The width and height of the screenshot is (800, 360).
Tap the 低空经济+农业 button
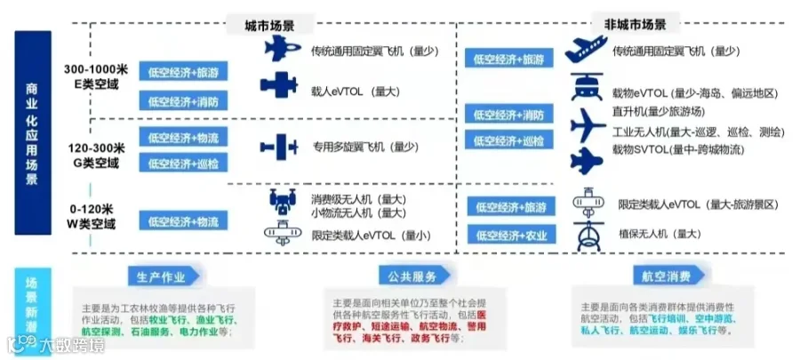[x=511, y=236]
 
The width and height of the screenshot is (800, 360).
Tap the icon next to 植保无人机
[x=586, y=236]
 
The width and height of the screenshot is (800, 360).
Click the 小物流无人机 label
[x=344, y=212]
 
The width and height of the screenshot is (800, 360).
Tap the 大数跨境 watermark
[x=53, y=344]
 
